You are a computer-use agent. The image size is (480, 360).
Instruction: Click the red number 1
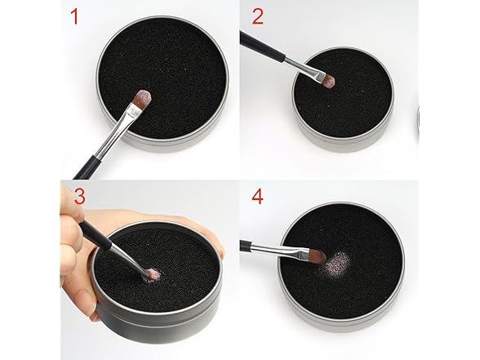click(x=74, y=16)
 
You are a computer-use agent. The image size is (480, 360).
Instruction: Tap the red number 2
click(x=258, y=16)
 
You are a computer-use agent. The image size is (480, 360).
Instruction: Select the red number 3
click(x=80, y=197)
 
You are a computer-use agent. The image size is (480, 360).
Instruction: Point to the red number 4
click(x=257, y=197)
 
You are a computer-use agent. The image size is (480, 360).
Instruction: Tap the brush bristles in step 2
click(x=329, y=80)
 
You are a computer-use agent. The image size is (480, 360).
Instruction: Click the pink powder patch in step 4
click(x=338, y=263)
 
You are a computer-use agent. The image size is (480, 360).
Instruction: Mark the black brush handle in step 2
click(x=262, y=47)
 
